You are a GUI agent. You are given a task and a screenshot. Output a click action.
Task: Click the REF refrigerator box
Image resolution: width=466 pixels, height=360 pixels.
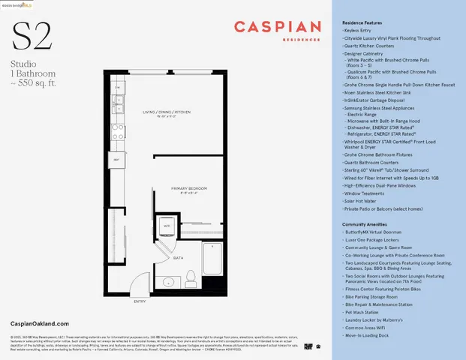[x=117, y=160]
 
